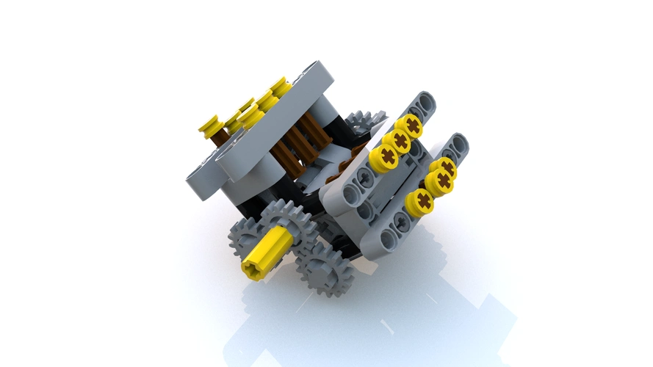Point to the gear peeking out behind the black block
point(365,121)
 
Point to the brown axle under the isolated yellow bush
point(220,137)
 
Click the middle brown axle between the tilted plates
point(298,143)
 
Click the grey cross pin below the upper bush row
point(365,177)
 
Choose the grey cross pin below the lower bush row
point(400,219)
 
